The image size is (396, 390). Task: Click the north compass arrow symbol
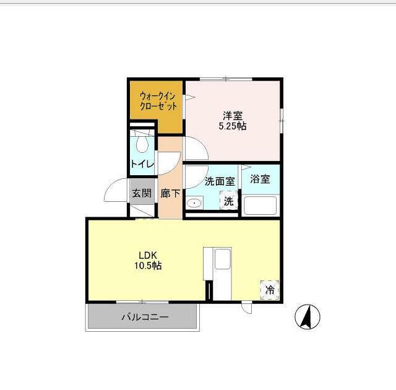[x=308, y=317]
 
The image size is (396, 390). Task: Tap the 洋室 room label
[x=233, y=116]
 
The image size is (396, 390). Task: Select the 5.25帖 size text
[x=233, y=126]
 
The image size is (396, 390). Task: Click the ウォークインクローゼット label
[x=158, y=101]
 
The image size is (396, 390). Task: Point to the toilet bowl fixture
[x=142, y=144]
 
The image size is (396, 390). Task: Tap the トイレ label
[x=142, y=164]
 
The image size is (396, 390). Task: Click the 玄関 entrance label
[x=142, y=193]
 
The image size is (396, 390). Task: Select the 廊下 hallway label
[x=171, y=194]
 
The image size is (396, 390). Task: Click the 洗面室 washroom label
[x=220, y=181]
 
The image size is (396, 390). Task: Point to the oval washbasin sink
[x=194, y=203]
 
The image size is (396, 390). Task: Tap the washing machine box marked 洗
[x=229, y=201]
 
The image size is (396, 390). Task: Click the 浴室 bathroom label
[x=260, y=179]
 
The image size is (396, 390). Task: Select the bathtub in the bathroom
[x=260, y=206]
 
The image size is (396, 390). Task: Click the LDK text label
[x=148, y=256]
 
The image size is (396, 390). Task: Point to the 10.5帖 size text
[x=148, y=266]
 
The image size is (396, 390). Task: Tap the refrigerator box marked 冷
[x=270, y=290]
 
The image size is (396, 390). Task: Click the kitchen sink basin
[x=223, y=259]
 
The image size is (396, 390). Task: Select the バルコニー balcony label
[x=145, y=317]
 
